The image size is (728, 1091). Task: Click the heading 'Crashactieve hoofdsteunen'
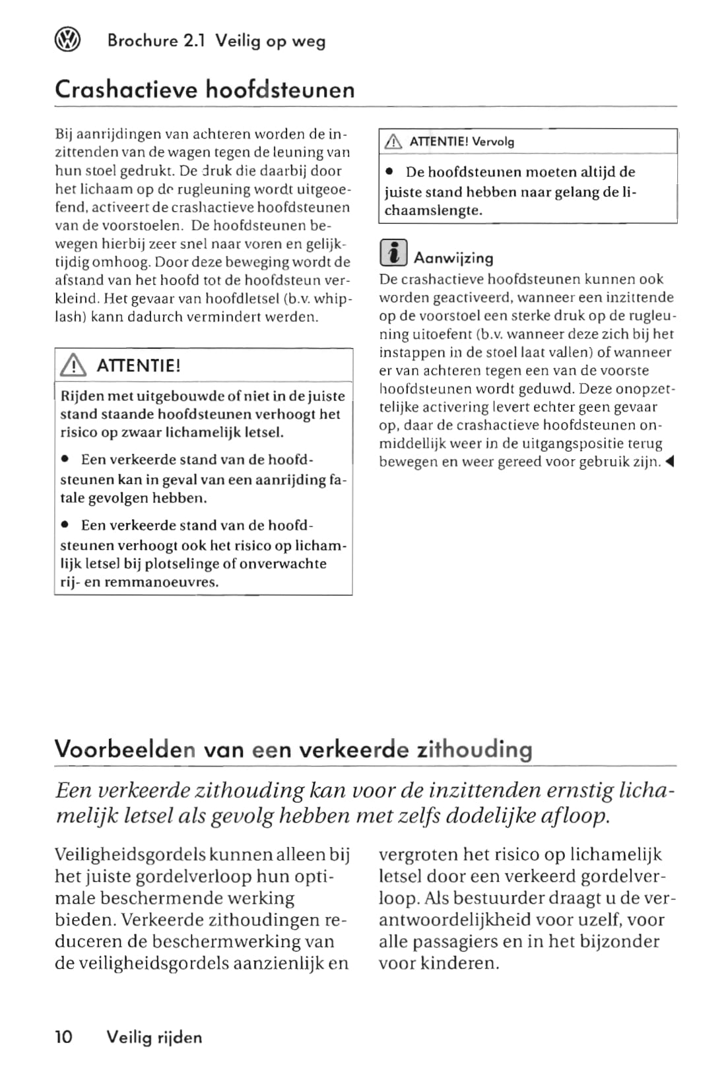point(205,89)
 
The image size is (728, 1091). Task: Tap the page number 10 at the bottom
point(64,1037)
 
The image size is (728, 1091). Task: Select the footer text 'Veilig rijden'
point(154,1038)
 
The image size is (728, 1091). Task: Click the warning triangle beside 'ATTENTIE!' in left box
point(73,365)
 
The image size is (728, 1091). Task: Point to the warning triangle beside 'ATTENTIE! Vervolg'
point(393,141)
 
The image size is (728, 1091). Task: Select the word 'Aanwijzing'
point(453,258)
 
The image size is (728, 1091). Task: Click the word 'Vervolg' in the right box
point(493,141)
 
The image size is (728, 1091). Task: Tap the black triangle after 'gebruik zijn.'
point(669,462)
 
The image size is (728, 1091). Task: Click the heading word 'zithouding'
point(475,749)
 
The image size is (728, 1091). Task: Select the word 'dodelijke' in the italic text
point(492,816)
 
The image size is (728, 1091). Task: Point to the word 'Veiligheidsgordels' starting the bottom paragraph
point(130,855)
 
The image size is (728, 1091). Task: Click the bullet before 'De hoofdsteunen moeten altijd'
point(391,172)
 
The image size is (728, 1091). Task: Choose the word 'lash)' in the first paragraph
point(70,317)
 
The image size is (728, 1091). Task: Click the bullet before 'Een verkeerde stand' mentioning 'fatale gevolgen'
point(66,459)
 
